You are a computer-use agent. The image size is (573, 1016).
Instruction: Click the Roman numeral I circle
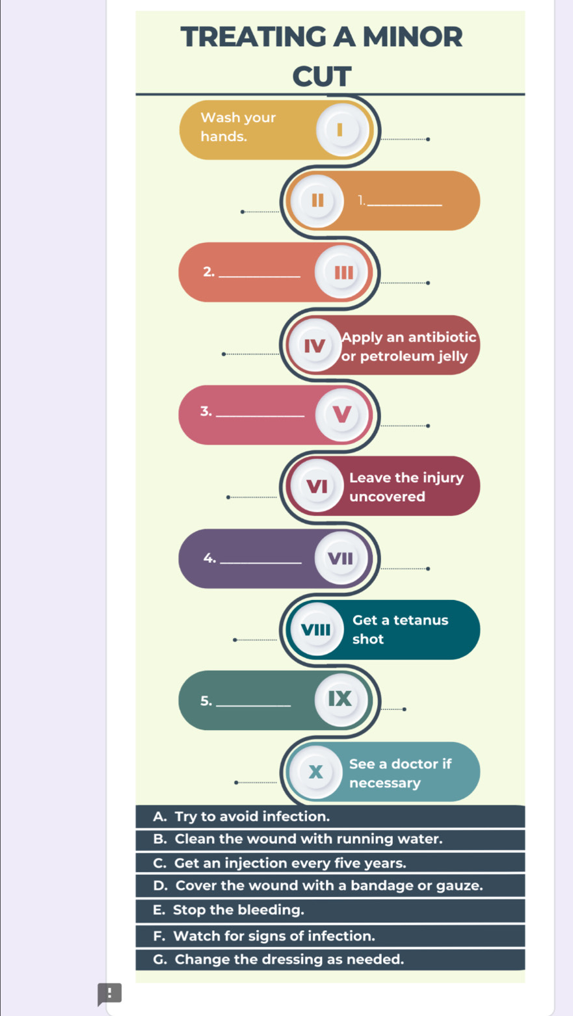tap(343, 130)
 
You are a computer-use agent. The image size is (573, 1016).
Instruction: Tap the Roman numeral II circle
tap(317, 201)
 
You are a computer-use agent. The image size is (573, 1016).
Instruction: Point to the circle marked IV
tap(315, 345)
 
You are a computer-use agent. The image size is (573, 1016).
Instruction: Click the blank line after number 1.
tap(405, 205)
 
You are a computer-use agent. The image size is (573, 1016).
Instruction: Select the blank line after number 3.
tap(260, 415)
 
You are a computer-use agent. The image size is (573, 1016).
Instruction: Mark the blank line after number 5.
tap(254, 705)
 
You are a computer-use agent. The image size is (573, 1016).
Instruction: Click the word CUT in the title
tap(322, 76)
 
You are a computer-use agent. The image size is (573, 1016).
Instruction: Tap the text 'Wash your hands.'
tap(238, 127)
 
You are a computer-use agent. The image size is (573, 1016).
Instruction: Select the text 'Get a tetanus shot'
tap(400, 630)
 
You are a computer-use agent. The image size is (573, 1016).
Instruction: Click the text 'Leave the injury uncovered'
tap(406, 487)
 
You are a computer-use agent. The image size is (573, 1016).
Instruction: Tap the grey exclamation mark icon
tap(109, 993)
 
